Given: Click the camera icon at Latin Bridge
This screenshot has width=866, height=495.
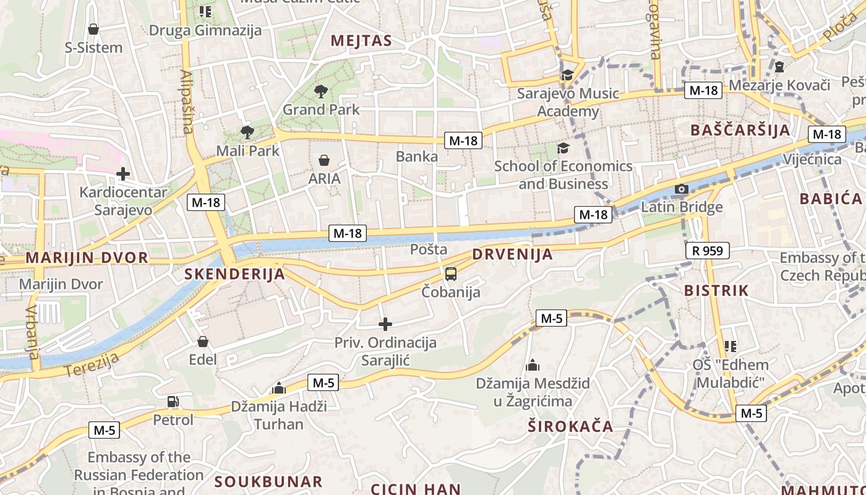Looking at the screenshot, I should pos(681,189).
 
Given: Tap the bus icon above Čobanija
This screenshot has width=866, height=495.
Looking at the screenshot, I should pos(451,273).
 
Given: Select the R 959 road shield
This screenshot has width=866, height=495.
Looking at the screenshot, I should pos(708,251).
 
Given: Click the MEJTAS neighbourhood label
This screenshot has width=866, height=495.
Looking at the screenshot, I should pos(361,41).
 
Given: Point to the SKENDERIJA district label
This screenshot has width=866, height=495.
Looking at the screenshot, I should pos(235,274).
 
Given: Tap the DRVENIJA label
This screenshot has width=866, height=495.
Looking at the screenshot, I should pos(512,254).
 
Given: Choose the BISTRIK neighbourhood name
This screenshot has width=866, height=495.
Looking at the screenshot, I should pos(716,290).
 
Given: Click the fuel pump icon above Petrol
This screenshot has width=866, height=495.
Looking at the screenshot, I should pos(173,402).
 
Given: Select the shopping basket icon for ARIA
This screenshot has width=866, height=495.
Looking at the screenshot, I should pos(324,161).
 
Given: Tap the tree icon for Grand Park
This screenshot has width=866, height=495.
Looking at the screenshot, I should pos(320,92).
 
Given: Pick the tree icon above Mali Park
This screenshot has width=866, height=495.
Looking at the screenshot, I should pos(247,132).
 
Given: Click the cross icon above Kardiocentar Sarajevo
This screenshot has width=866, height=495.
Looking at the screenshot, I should pos(123,174).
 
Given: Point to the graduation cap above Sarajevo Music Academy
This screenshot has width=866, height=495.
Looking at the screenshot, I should pos(567,75).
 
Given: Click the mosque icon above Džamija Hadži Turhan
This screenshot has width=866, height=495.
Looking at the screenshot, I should pos(279,389).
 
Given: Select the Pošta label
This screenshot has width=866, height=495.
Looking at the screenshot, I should pos(429,249).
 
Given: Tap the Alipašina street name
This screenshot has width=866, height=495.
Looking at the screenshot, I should pos(187,102).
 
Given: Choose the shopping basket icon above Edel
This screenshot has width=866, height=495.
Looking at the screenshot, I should pos(203,342).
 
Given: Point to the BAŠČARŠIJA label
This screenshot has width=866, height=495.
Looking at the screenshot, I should pos(740,130).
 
